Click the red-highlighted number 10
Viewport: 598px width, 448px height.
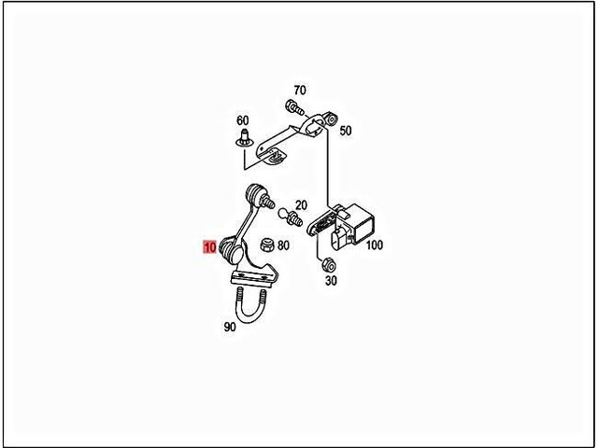(209, 247)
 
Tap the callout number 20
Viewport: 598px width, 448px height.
(301, 205)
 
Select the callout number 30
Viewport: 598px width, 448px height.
(331, 281)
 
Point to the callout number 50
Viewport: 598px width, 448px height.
(346, 132)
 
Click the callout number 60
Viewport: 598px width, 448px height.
(243, 121)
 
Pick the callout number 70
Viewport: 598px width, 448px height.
(298, 91)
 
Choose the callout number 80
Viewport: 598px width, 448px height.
(283, 245)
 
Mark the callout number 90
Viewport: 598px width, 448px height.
(229, 328)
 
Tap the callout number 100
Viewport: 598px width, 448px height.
(375, 245)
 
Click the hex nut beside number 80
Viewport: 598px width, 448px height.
(264, 245)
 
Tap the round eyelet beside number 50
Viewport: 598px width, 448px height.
(328, 120)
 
